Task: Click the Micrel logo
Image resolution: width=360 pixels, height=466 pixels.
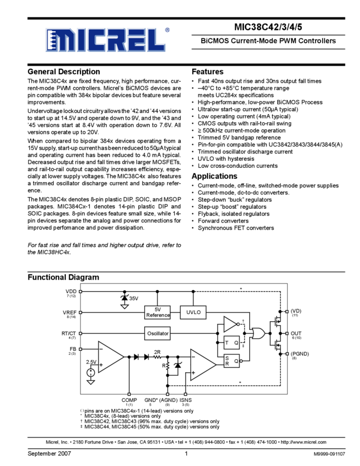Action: point(105,40)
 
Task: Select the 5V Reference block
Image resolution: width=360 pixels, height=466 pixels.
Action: point(158,312)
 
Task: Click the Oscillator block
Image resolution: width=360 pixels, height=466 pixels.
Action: point(158,333)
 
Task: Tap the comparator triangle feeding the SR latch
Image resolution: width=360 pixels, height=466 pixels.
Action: point(203,363)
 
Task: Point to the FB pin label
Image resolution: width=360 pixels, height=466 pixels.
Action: point(72,350)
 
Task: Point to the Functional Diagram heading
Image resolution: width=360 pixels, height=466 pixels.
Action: point(64,277)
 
